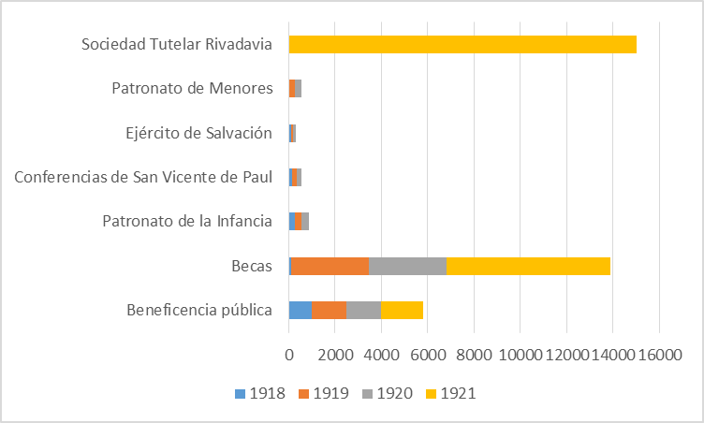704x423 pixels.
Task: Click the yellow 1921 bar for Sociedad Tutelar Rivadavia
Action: tap(462, 44)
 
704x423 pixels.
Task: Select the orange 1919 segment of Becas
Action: tap(330, 266)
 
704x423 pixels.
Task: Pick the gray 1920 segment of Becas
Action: tap(407, 266)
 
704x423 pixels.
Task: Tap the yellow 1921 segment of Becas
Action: tap(528, 266)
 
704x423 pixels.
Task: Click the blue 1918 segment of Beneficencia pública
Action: tap(301, 311)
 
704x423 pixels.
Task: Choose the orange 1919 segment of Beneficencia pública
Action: tap(330, 311)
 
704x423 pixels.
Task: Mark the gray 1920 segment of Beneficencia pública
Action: tap(363, 311)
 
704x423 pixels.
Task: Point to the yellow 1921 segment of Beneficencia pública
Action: tap(402, 311)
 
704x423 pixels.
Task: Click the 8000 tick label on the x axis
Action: tap(474, 356)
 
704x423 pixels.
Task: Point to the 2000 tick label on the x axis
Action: tap(335, 356)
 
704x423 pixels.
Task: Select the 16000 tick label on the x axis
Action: tap(659, 356)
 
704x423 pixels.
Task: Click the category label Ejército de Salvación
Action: tap(198, 133)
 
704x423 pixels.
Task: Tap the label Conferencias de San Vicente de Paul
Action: tap(143, 177)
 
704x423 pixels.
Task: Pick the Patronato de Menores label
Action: tap(192, 89)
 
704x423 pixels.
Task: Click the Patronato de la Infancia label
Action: tap(187, 222)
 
